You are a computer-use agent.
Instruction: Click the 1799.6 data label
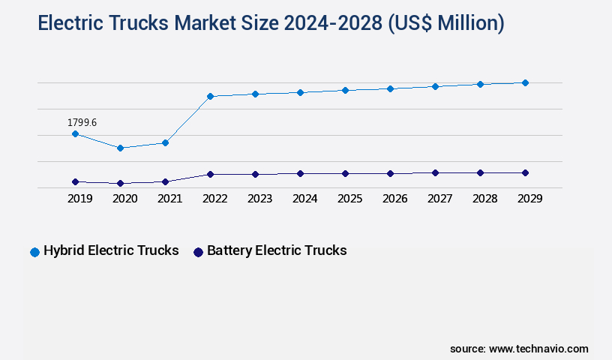click(x=82, y=122)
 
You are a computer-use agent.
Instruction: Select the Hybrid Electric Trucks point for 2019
click(x=75, y=133)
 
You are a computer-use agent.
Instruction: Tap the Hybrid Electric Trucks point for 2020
click(x=120, y=148)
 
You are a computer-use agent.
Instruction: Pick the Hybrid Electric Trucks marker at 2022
click(x=210, y=96)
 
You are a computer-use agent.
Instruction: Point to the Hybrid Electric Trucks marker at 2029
click(x=525, y=82)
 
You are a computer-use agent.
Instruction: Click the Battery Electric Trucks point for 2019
click(x=75, y=181)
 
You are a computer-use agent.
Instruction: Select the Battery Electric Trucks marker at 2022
click(x=210, y=174)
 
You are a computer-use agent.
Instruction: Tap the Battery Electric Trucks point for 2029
click(x=525, y=172)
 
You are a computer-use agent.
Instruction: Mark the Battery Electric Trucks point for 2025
click(x=345, y=173)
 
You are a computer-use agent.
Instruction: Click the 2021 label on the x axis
click(x=170, y=199)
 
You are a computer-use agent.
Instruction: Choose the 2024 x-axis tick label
click(x=305, y=199)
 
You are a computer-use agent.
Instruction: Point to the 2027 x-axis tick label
click(x=440, y=199)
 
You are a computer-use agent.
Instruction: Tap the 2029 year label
click(x=530, y=199)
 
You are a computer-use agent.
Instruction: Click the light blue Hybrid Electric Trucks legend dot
click(x=34, y=252)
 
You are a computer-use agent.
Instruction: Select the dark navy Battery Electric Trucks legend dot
click(x=198, y=252)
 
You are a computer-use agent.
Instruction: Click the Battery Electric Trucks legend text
click(x=277, y=250)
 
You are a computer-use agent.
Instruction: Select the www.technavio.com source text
click(x=538, y=349)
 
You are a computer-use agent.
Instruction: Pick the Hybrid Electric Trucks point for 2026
click(x=390, y=88)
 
